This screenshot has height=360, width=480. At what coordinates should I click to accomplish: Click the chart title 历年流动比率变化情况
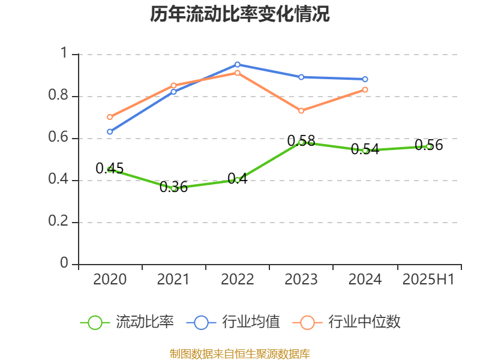click(x=240, y=14)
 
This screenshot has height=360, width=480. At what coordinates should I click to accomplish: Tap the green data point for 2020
click(x=110, y=170)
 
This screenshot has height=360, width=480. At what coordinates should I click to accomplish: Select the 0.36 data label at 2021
click(x=173, y=187)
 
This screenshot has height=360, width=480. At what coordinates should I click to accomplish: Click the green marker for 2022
click(x=238, y=180)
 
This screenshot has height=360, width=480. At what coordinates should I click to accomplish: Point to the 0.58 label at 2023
click(x=301, y=141)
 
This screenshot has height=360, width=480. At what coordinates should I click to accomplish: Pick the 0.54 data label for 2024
click(x=365, y=149)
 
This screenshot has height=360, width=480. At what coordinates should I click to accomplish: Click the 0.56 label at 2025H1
click(x=428, y=145)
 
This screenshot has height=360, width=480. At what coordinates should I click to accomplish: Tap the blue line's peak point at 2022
click(x=238, y=64)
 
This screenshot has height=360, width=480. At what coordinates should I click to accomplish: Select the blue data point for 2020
click(x=110, y=131)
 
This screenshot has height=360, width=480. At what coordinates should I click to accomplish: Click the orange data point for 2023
click(x=301, y=111)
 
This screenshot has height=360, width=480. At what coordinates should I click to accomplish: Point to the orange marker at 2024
click(x=365, y=90)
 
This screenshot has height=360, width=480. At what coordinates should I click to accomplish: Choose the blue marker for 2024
click(x=365, y=79)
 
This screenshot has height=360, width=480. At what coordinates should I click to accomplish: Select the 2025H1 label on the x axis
click(x=428, y=280)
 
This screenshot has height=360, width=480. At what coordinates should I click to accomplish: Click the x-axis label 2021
click(x=173, y=280)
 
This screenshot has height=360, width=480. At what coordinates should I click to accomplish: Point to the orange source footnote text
click(x=240, y=353)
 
